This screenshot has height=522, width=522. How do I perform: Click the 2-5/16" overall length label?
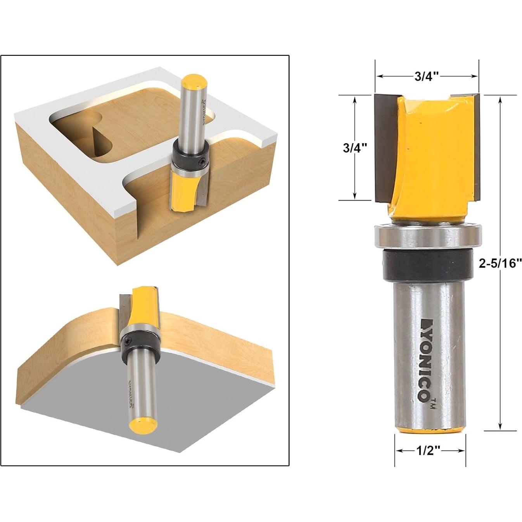500,264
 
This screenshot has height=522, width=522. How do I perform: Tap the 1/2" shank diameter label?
428,450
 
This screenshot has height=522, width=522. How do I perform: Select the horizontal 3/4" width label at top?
426,76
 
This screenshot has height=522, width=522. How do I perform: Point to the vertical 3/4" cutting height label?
354,148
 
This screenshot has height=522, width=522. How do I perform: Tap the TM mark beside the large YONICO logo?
433,403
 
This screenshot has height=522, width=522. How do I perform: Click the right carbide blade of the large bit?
475,147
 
